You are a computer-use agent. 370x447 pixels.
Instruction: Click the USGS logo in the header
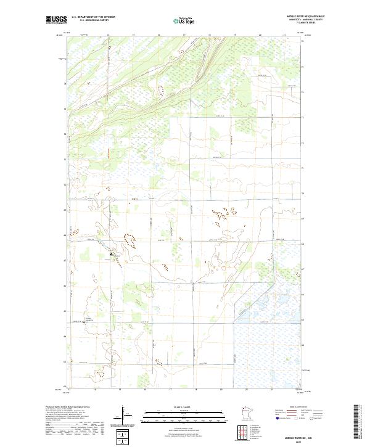point(55,20)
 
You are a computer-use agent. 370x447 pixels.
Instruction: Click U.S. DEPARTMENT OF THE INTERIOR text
point(94,17)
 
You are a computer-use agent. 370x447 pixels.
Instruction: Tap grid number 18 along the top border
point(209,36)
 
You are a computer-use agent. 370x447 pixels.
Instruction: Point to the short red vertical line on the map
point(109,152)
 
